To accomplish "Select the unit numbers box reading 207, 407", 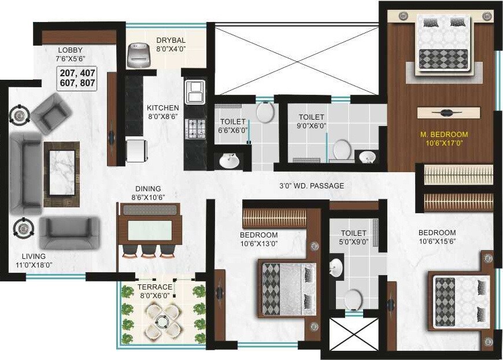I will [x=77, y=78].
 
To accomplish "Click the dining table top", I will [x=150, y=229].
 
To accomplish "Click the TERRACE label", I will [x=154, y=287].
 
